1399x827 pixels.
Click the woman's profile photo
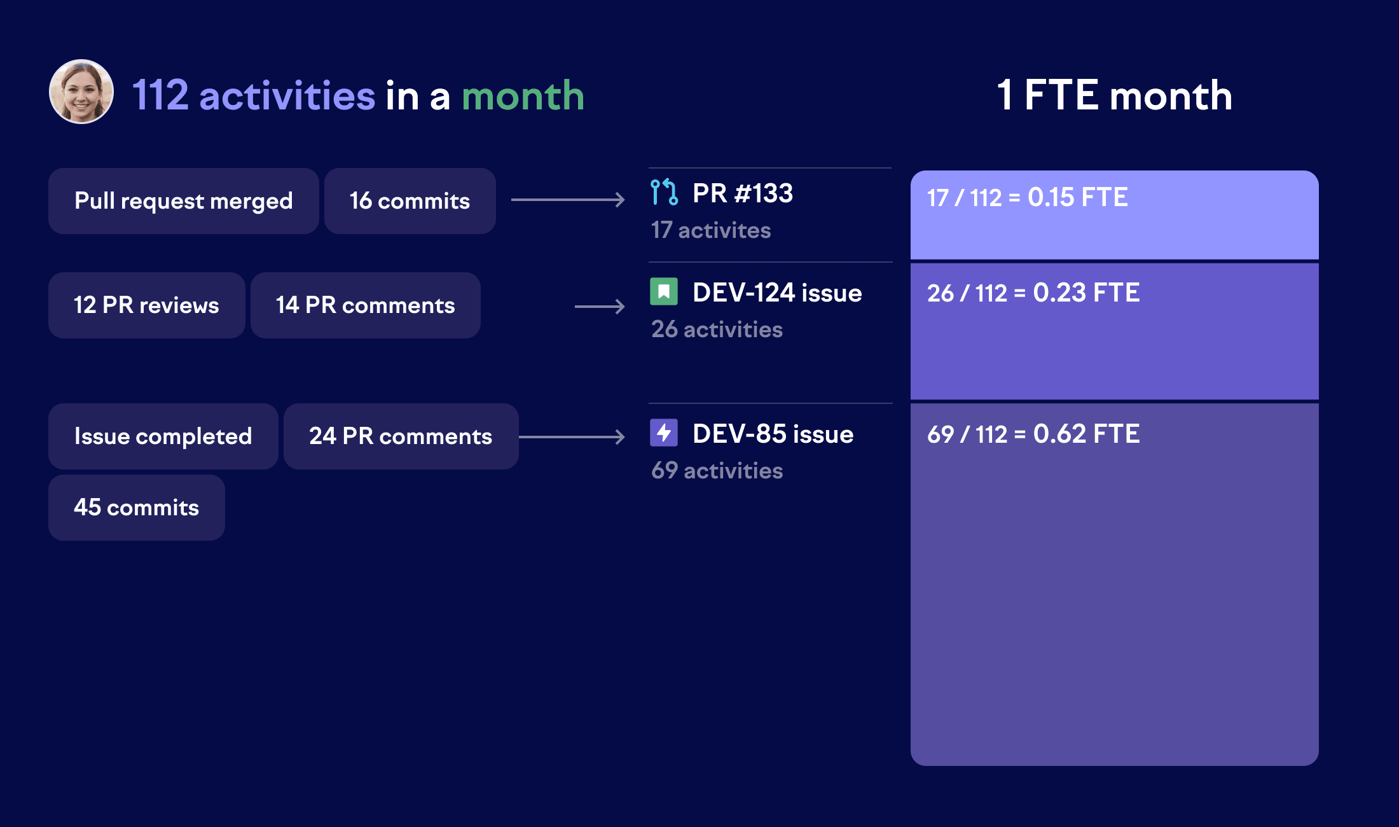click(81, 92)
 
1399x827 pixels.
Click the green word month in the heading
click(523, 96)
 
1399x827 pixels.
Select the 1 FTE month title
click(1114, 95)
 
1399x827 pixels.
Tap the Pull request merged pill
click(183, 201)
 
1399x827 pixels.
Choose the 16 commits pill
click(410, 201)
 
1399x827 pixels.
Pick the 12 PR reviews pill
click(146, 305)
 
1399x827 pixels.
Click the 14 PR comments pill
click(365, 305)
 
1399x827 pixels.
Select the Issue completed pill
click(163, 436)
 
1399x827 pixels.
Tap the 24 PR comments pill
click(401, 436)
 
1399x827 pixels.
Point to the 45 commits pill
click(136, 508)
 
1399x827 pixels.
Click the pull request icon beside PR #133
click(664, 192)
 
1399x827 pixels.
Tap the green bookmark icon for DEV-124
click(664, 292)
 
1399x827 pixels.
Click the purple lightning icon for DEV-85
click(664, 433)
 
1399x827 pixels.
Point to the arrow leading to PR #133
click(568, 200)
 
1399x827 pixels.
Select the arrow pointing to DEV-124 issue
click(600, 307)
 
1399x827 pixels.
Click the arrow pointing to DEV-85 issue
click(572, 437)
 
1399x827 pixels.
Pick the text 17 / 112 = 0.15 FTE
click(1027, 198)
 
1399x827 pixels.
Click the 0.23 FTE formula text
click(1033, 293)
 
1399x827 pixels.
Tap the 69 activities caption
click(717, 471)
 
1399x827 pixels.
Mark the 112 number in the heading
click(160, 96)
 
